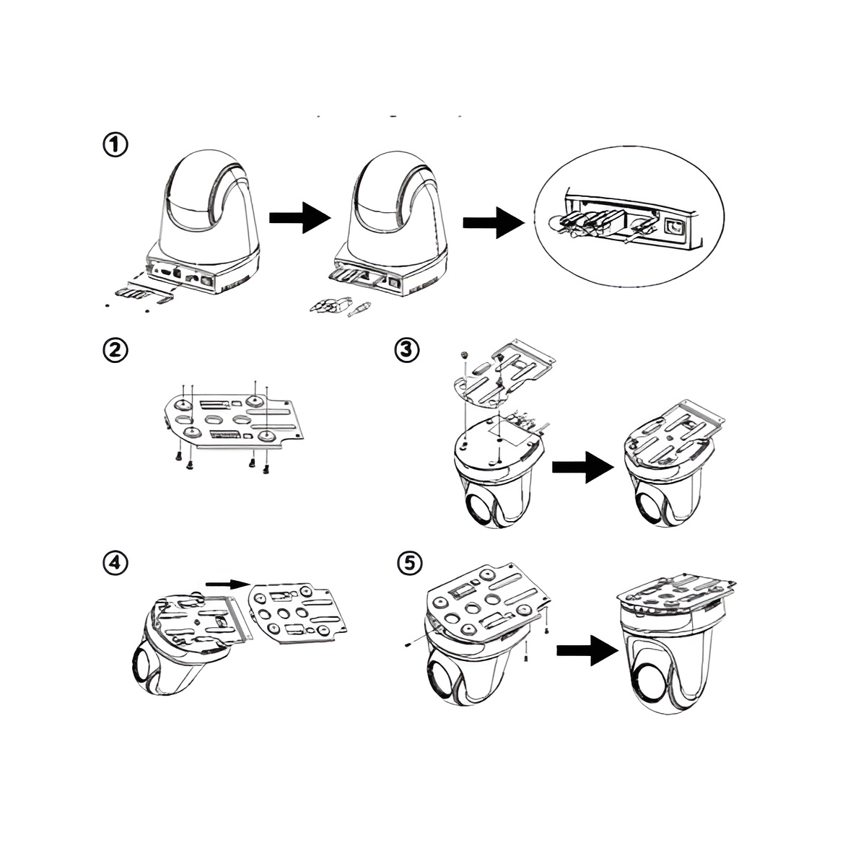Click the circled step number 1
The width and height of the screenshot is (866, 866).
click(x=115, y=145)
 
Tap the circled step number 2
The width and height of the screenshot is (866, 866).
click(x=115, y=350)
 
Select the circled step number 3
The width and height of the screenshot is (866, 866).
click(x=407, y=350)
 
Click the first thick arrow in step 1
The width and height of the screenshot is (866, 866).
click(x=300, y=217)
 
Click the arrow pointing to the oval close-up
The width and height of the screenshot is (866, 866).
click(x=494, y=222)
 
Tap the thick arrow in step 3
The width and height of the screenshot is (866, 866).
click(x=583, y=468)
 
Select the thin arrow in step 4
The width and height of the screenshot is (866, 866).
click(x=228, y=585)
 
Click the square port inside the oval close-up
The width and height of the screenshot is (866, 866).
click(x=673, y=226)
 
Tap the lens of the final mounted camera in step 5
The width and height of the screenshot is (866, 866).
click(x=648, y=686)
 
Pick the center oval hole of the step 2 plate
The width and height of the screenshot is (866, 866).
click(x=214, y=420)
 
